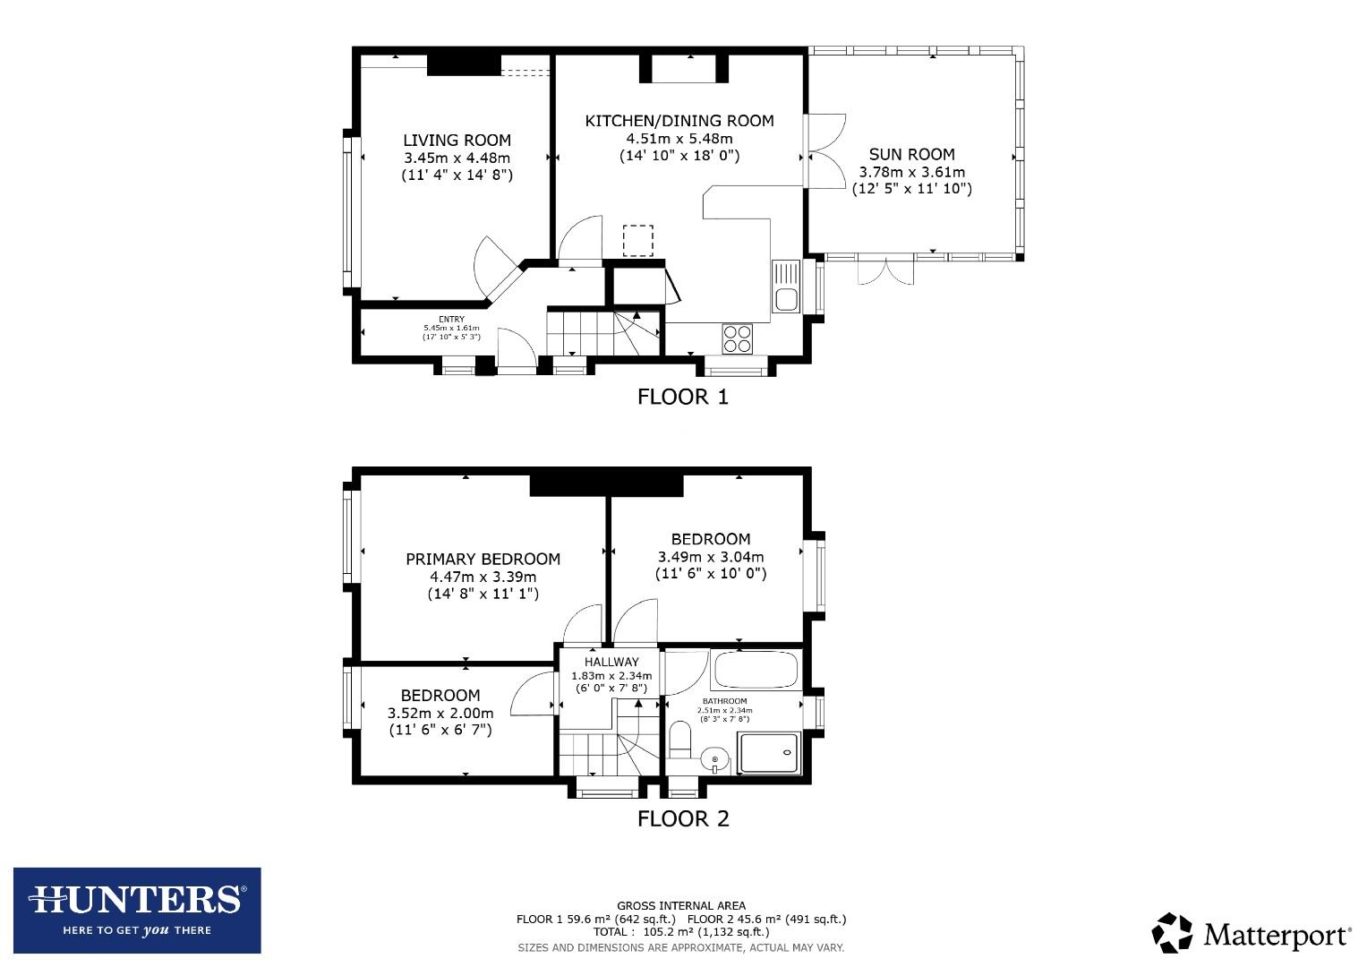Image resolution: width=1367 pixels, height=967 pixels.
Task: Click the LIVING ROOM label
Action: point(457,141)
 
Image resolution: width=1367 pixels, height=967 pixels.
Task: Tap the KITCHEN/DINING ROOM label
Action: point(679,121)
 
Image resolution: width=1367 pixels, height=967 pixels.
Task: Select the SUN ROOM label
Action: point(911,154)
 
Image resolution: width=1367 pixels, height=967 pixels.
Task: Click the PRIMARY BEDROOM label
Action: point(483,560)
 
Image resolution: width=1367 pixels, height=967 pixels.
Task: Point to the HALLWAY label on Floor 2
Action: point(611,663)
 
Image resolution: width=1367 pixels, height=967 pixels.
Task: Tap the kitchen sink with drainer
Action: point(786,286)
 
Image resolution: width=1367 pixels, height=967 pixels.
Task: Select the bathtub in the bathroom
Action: point(755,670)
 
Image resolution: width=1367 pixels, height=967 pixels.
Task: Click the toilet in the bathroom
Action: point(680,740)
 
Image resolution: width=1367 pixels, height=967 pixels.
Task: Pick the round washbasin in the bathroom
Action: point(714,760)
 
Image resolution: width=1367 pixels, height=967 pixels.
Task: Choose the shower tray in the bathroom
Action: point(768,752)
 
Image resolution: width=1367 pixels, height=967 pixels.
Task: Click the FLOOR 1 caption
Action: point(682,397)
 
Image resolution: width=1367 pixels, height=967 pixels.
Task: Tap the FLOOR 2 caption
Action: point(682,818)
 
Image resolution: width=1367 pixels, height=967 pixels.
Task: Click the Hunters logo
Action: point(137,910)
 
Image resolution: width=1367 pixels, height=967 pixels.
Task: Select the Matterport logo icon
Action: point(1172,933)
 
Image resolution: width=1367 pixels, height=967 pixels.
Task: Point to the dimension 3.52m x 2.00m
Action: point(440,714)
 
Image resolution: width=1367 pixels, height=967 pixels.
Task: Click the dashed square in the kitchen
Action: point(638,240)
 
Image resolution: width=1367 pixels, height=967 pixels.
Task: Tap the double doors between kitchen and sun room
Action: point(824,150)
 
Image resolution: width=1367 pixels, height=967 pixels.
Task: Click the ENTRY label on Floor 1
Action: point(451,320)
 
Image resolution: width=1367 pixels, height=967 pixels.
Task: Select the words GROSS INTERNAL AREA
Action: point(680,906)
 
